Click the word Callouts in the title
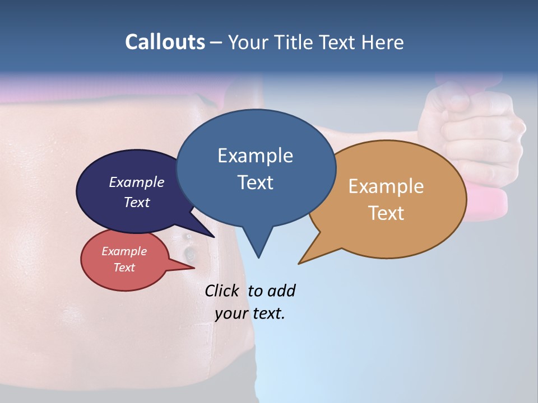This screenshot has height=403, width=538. click(x=165, y=42)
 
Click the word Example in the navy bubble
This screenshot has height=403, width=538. click(x=136, y=182)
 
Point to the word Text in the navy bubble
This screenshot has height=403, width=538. click(x=136, y=202)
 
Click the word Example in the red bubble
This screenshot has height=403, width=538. click(x=124, y=251)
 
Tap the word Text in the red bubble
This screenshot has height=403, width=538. click(x=124, y=268)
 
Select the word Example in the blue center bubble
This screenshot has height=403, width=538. click(x=255, y=156)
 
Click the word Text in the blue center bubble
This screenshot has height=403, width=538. click(x=255, y=182)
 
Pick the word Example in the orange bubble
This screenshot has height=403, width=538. click(x=386, y=186)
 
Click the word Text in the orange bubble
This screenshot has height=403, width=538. click(x=386, y=213)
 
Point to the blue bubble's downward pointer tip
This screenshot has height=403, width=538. click(x=258, y=257)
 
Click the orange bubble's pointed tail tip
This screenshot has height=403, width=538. click(x=300, y=263)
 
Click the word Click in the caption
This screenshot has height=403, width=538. click(x=222, y=290)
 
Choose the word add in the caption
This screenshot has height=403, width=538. click(x=281, y=290)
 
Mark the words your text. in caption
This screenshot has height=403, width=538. click(x=249, y=313)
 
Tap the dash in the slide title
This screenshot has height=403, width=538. click(x=217, y=43)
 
